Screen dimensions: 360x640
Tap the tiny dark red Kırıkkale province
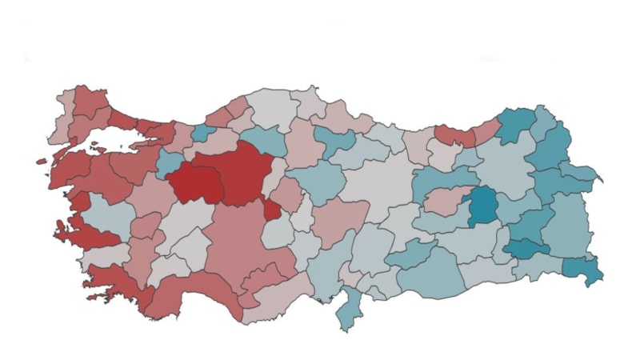272,210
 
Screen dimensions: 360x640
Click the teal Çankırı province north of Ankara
264,140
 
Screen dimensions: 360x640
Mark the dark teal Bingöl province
483,206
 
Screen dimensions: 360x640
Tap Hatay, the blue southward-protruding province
349,309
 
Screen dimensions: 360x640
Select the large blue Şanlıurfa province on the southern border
436,272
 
